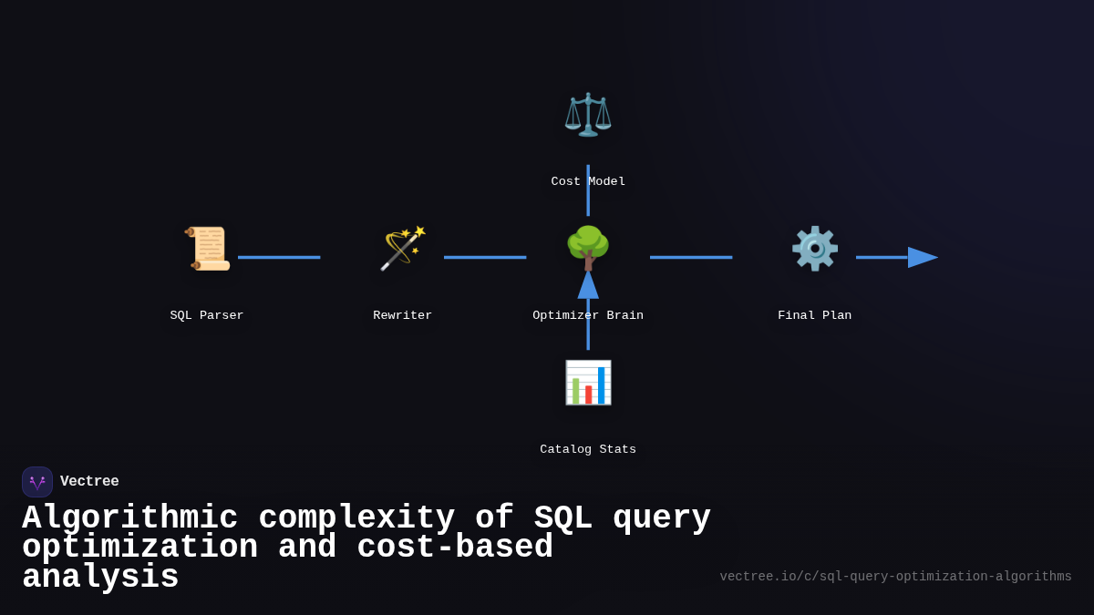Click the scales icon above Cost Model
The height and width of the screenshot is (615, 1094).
588,115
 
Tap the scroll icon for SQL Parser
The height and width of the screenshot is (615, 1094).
207,249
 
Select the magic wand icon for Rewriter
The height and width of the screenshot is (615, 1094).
402,249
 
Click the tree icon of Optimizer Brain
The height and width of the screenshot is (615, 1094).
588,248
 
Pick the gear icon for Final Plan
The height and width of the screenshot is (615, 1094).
814,249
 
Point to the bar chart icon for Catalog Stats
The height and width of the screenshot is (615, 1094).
588,383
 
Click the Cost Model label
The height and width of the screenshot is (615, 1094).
588,181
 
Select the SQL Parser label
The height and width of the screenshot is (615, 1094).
207,315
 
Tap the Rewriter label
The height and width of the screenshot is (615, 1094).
402,315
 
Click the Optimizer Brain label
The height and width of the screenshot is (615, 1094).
588,315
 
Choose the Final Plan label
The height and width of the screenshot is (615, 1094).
814,315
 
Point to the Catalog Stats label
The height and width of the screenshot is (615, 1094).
588,449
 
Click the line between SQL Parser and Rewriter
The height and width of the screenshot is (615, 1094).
279,257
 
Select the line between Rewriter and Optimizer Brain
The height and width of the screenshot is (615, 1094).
485,257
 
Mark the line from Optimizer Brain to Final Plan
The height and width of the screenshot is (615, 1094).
691,257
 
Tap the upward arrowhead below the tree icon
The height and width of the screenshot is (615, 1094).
588,285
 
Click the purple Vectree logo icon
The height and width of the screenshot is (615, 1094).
37,482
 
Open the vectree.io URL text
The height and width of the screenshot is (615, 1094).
895,577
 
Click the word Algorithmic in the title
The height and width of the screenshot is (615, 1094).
129,518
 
